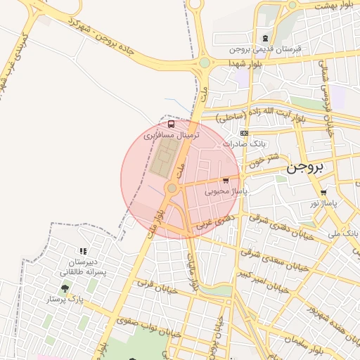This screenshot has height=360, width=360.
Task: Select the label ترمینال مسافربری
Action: [172, 134]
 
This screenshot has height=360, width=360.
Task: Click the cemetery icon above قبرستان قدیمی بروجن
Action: [265, 39]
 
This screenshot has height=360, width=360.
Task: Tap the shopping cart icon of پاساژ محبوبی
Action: [226, 181]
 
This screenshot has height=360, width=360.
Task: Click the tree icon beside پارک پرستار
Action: [65, 288]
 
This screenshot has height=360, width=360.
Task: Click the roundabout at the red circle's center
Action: [172, 188]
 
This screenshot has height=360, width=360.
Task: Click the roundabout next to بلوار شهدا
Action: [204, 63]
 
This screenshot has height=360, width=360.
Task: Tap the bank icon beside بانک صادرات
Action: [244, 133]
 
